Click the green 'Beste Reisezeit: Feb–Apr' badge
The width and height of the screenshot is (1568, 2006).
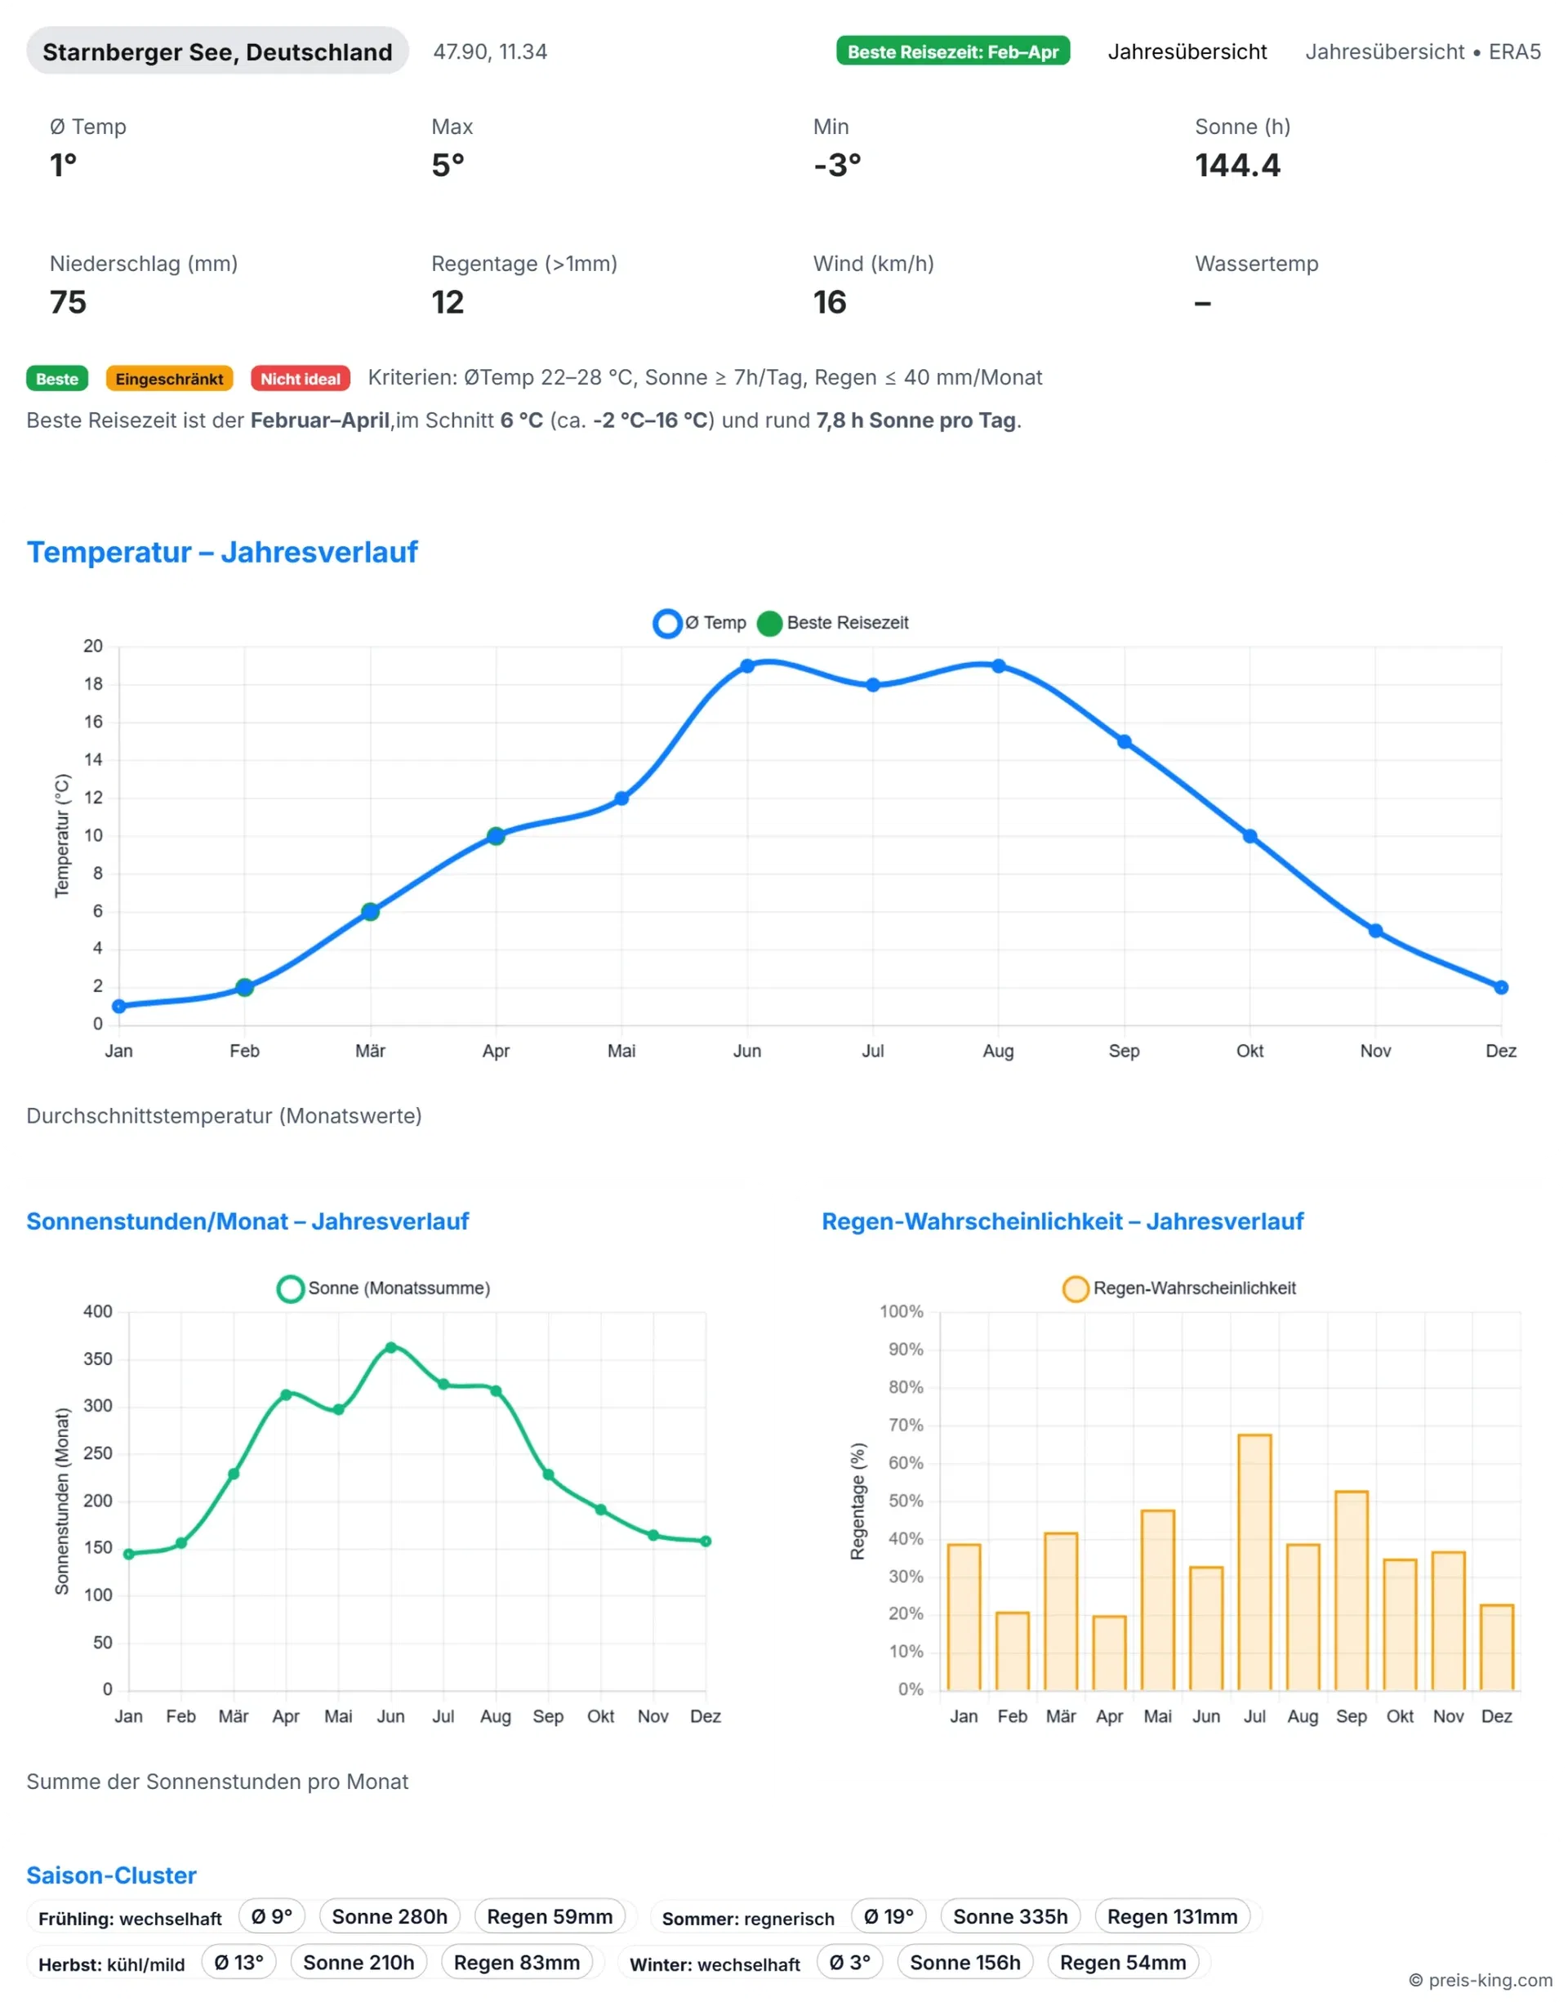[x=952, y=51]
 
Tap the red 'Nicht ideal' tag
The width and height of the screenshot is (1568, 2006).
[x=300, y=379]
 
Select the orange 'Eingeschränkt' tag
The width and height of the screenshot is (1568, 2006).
[x=169, y=379]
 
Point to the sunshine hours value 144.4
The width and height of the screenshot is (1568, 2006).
[x=1236, y=165]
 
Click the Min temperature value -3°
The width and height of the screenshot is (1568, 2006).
[x=837, y=165]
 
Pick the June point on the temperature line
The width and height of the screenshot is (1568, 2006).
[x=746, y=666]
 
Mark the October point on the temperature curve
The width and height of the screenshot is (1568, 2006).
[x=1249, y=836]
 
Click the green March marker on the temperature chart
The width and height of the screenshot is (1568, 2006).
[x=370, y=911]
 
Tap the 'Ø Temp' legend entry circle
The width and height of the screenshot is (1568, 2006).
[x=667, y=623]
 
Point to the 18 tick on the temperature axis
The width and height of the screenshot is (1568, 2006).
[x=94, y=683]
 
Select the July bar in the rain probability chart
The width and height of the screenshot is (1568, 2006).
[x=1254, y=1561]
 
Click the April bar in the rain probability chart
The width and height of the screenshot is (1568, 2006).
[x=1109, y=1652]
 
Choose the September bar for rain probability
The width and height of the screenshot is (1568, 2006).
[x=1352, y=1590]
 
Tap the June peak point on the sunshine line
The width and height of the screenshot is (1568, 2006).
[x=390, y=1347]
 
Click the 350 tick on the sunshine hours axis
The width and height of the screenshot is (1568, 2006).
[x=98, y=1359]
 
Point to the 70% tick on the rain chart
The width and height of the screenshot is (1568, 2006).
[x=906, y=1425]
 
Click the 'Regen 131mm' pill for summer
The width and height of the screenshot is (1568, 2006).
[x=1171, y=1916]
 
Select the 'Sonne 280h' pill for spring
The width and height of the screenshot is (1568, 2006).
[x=390, y=1916]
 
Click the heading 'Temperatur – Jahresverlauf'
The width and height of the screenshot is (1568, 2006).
[x=222, y=552]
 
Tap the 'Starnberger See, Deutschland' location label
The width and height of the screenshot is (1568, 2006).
[x=218, y=51]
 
